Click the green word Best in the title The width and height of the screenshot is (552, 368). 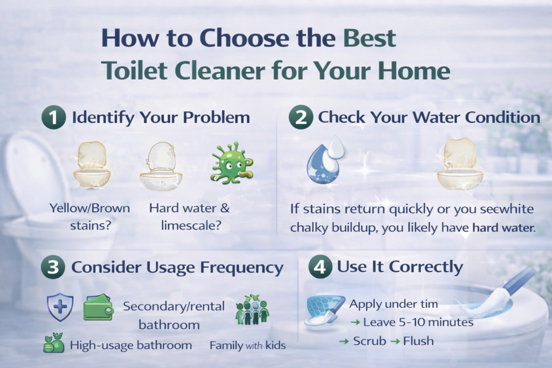click(x=370, y=40)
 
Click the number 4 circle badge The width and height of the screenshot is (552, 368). click(x=320, y=268)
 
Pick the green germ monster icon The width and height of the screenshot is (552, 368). click(x=232, y=164)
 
